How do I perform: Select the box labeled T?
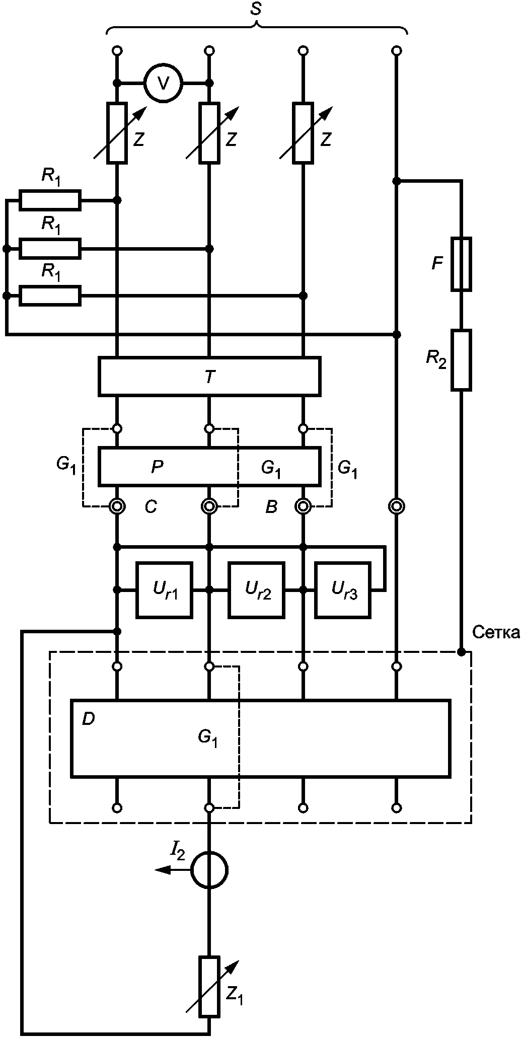[x=209, y=376]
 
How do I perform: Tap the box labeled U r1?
[x=164, y=589]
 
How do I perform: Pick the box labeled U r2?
[x=257, y=589]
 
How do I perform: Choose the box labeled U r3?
[x=344, y=589]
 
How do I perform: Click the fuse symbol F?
[x=461, y=264]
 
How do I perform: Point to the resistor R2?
[x=461, y=360]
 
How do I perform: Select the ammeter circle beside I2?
[x=209, y=870]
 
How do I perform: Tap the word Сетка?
[x=496, y=632]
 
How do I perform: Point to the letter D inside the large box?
[x=88, y=719]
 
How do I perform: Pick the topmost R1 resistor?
[x=50, y=200]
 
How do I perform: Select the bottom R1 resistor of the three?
[x=50, y=295]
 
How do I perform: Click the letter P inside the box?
[x=158, y=467]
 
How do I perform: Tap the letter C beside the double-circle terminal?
[x=151, y=507]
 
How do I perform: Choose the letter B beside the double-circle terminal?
[x=271, y=507]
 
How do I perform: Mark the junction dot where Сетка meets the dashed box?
[x=461, y=652]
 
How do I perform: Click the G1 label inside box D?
[x=208, y=739]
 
